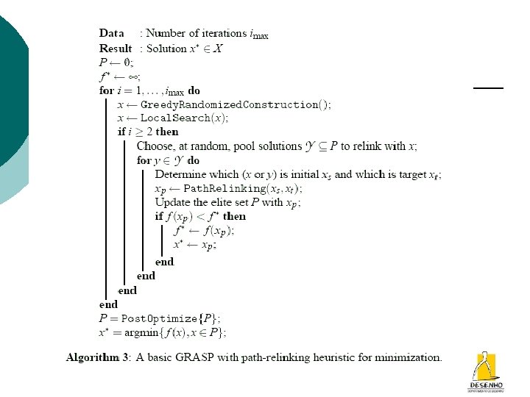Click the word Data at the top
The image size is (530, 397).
click(x=111, y=33)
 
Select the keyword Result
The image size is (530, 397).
click(x=116, y=48)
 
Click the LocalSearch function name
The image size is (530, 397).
click(x=175, y=118)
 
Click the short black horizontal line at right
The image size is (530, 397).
click(x=487, y=87)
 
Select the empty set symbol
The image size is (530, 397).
click(x=129, y=62)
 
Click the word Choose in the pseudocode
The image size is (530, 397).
click(x=155, y=146)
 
